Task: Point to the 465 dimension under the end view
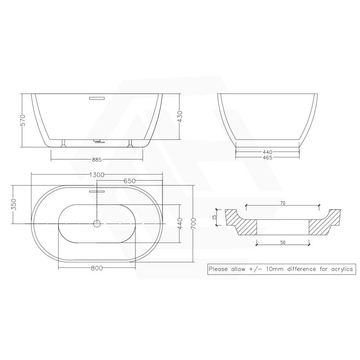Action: (x=267, y=157)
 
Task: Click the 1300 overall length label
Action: (x=97, y=175)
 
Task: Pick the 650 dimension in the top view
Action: (x=130, y=181)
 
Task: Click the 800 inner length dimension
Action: (x=97, y=268)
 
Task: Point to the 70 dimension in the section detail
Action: (x=283, y=203)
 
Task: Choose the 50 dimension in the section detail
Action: (x=283, y=243)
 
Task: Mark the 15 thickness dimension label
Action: (x=215, y=217)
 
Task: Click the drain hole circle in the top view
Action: (x=97, y=223)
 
